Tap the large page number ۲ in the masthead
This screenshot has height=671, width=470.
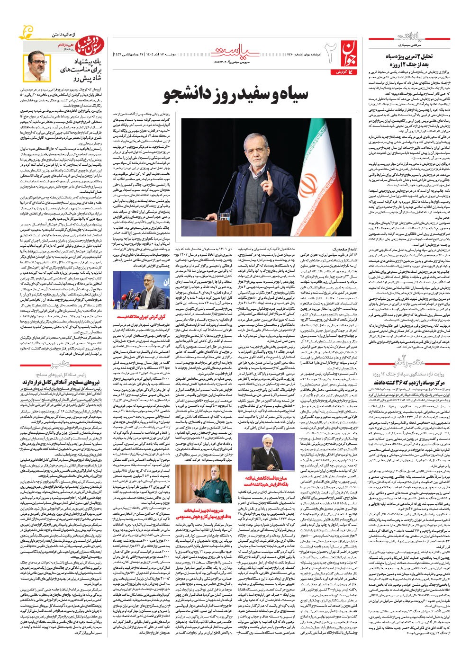[x=330, y=52]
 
